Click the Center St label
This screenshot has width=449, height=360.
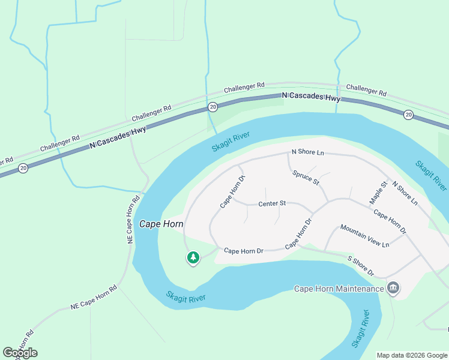272,204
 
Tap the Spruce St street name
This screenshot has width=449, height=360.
306,178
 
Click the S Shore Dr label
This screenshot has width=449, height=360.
361,266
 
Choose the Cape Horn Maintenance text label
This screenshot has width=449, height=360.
339,289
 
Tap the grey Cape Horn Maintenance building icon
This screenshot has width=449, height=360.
393,288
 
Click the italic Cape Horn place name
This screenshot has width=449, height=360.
161,224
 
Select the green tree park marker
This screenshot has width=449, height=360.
193,258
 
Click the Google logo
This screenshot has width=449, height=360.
20,353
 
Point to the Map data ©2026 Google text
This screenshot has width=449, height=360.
411,355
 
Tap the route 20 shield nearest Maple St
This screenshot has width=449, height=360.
408,115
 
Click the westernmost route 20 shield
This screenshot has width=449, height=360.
22,168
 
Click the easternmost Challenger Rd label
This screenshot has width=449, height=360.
366,90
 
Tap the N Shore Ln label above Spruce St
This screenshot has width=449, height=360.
307,153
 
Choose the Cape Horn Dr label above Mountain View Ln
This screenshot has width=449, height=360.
390,221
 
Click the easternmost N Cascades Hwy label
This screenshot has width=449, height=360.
312,97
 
